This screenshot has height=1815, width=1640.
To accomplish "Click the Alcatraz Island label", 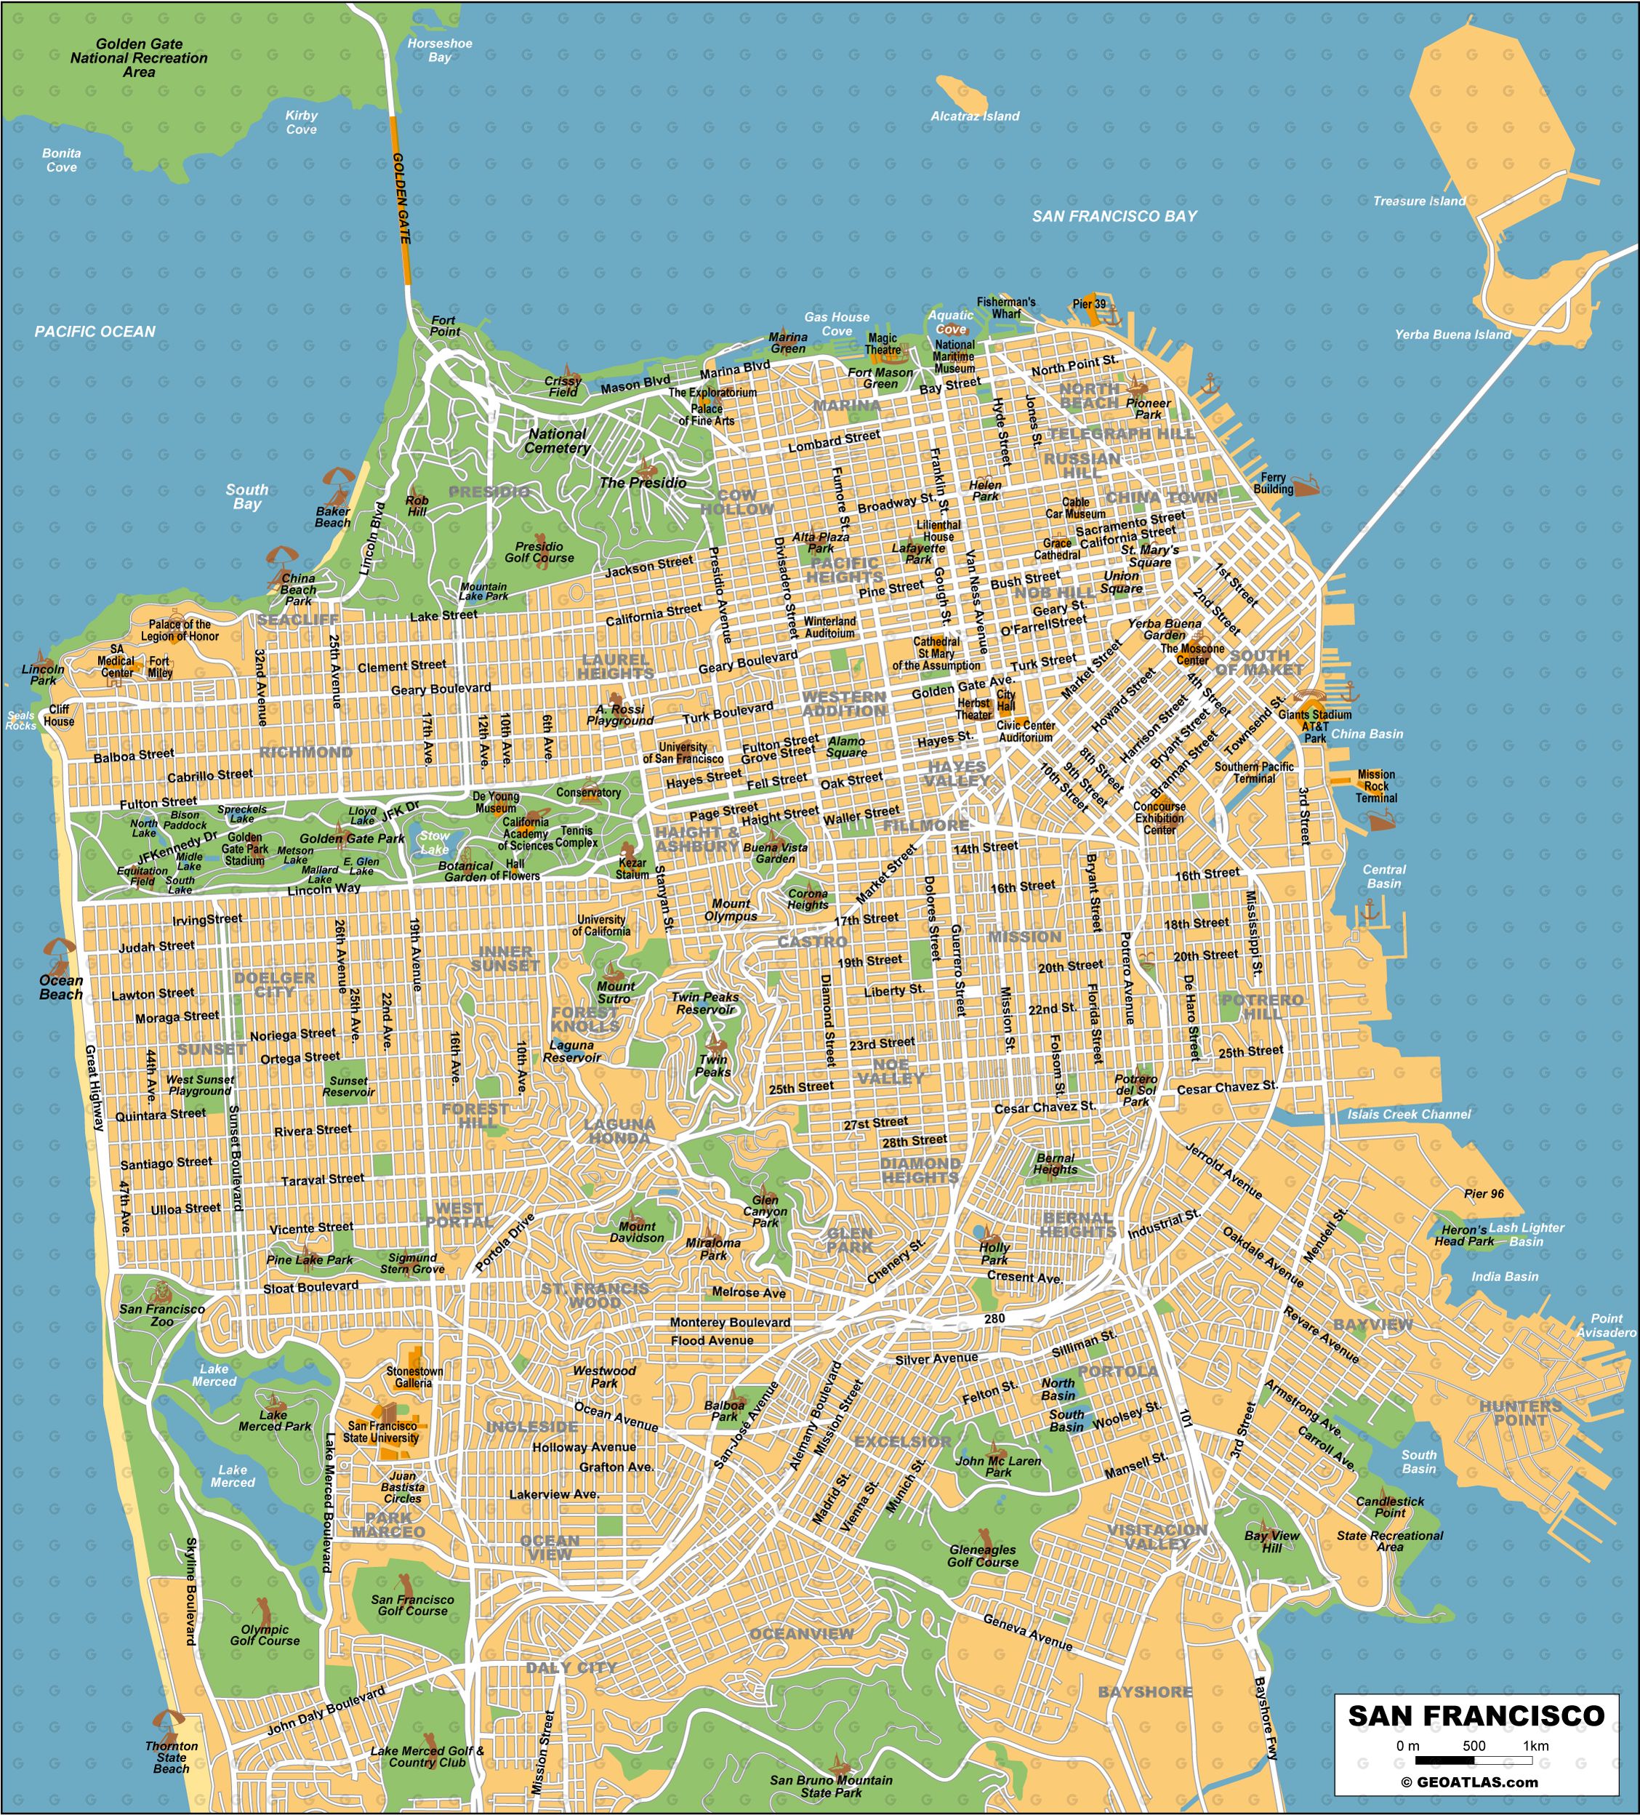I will [975, 116].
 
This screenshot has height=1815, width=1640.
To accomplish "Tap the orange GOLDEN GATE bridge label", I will [401, 198].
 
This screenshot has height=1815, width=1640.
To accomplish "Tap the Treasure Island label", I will [1418, 201].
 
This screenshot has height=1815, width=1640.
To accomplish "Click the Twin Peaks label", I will [713, 1066].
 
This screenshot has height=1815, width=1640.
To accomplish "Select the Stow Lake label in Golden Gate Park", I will [434, 843].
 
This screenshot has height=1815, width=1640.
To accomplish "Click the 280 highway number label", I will [994, 1319].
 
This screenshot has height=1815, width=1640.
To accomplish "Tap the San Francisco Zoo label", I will [162, 1315].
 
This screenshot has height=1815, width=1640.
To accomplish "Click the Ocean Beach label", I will [60, 987].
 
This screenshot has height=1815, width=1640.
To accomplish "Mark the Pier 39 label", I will [1089, 304].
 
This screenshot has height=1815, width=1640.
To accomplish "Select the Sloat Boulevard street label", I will [310, 1287].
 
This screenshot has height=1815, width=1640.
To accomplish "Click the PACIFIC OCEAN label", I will [95, 332].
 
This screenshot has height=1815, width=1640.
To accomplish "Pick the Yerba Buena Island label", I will [1452, 334].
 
